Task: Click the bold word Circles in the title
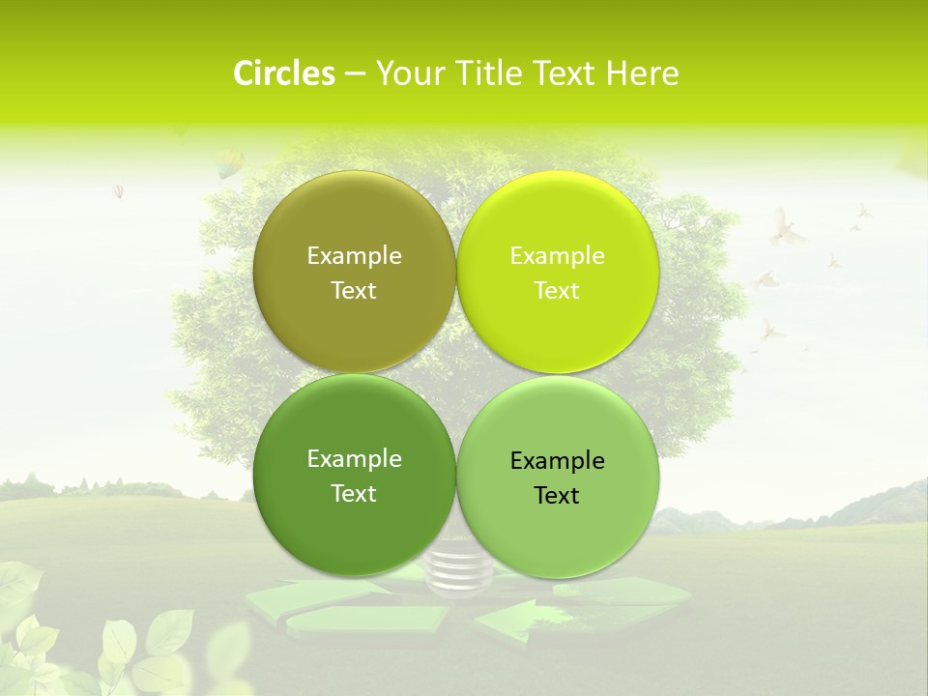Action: tap(283, 73)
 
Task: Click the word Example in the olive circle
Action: tap(354, 256)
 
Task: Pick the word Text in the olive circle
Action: tap(354, 291)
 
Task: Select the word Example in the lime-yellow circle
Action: tap(557, 256)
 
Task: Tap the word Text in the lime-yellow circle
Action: tap(557, 291)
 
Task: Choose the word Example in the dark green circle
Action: tap(354, 459)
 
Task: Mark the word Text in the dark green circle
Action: tap(354, 494)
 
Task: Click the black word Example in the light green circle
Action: tap(557, 461)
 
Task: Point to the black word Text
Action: tap(557, 496)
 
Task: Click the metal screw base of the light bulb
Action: tap(458, 571)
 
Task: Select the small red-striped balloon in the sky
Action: tap(118, 190)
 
